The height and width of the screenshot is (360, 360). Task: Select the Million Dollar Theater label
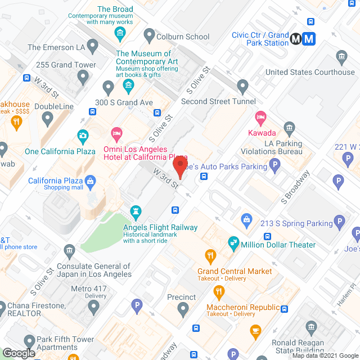(x=278, y=244)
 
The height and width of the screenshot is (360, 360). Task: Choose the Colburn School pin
(x=149, y=36)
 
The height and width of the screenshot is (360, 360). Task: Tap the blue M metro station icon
(x=309, y=39)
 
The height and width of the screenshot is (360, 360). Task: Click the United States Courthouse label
(x=310, y=72)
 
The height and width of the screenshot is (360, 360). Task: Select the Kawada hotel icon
(x=260, y=118)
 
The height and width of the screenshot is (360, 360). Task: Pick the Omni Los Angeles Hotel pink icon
(x=116, y=134)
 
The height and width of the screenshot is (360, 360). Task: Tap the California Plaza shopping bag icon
(x=92, y=181)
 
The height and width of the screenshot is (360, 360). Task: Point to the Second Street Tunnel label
(x=218, y=102)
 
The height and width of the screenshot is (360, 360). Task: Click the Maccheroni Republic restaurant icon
(x=219, y=292)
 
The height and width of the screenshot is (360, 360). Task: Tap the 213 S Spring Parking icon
(x=339, y=222)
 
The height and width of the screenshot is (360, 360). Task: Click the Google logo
(x=18, y=353)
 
